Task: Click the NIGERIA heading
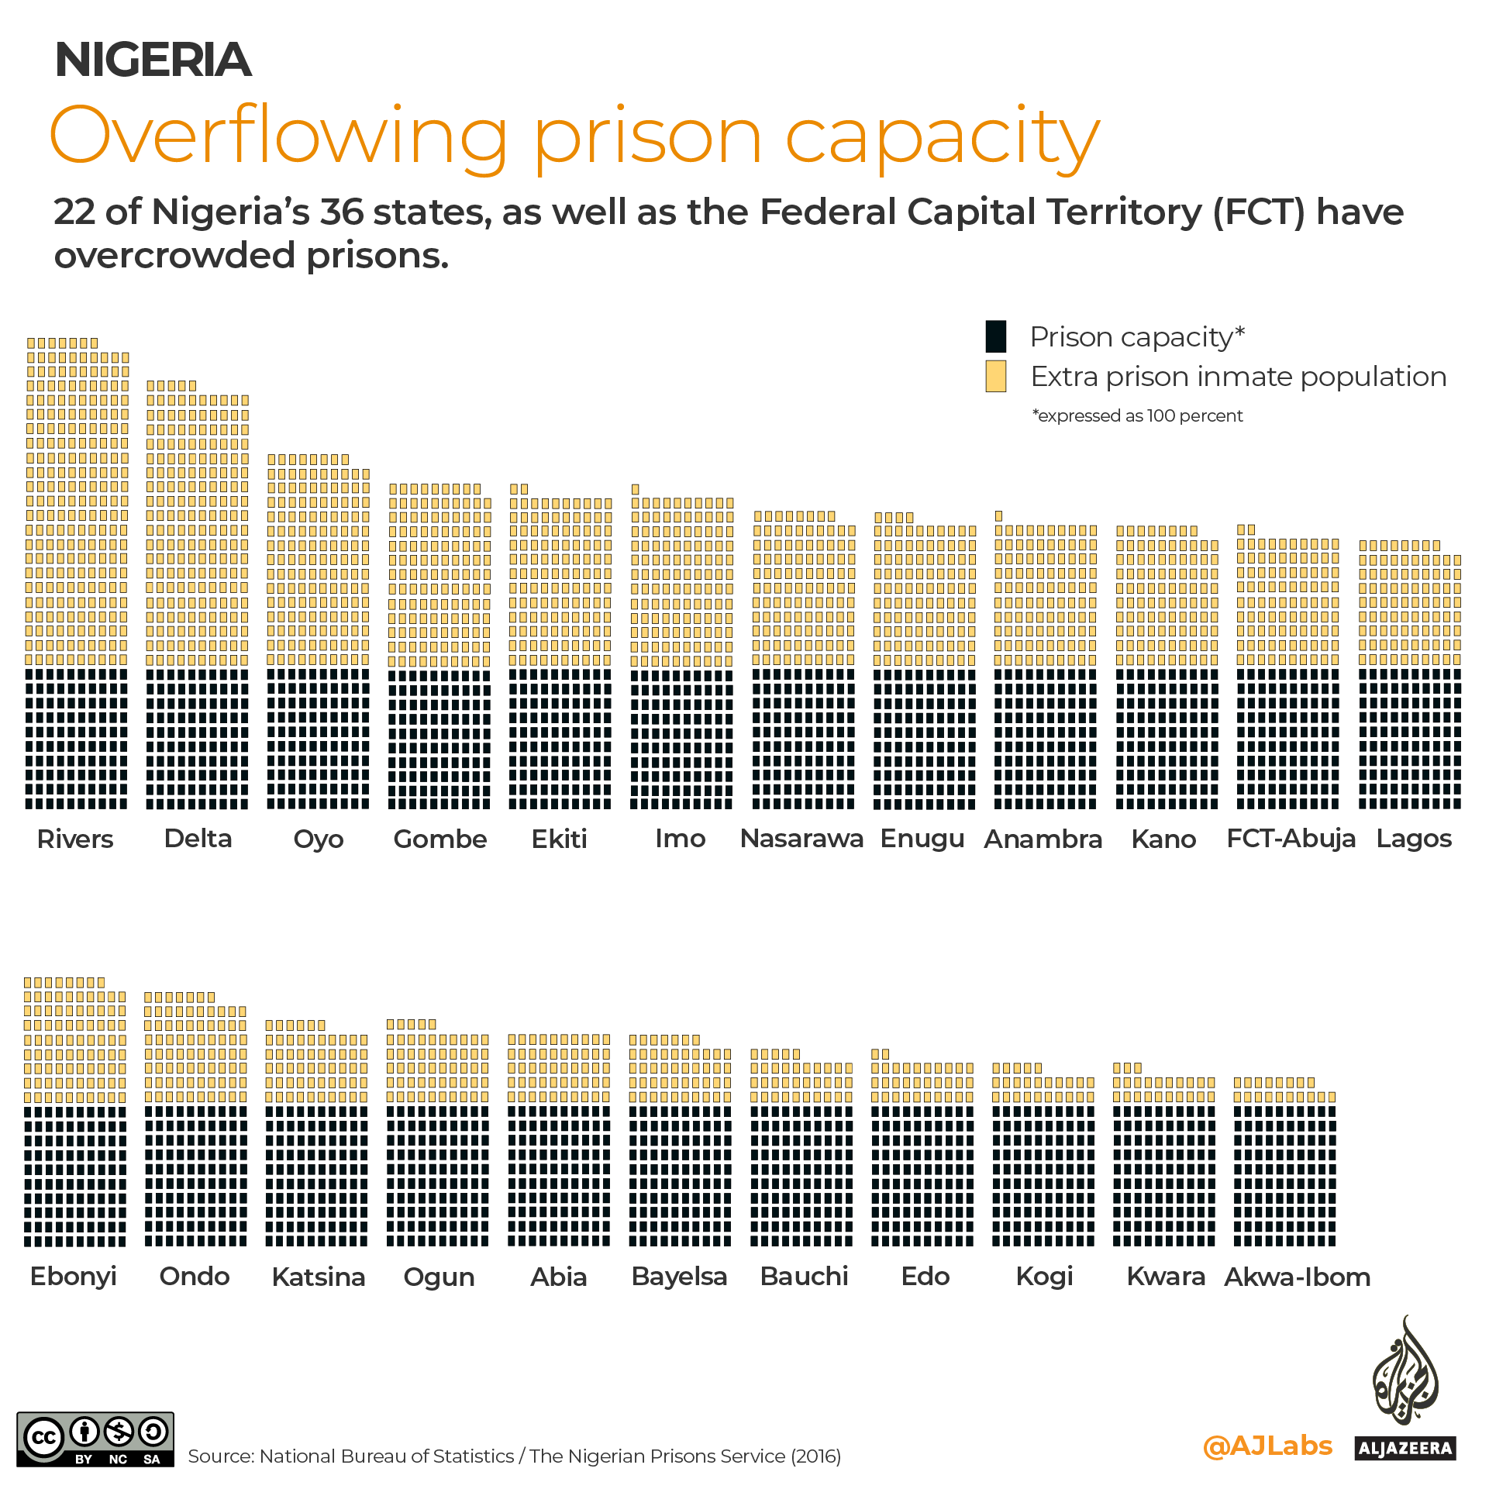tap(153, 60)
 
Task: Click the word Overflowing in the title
tap(279, 137)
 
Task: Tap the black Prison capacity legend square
tap(996, 336)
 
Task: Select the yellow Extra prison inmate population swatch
tap(996, 377)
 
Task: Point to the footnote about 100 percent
tap(1137, 416)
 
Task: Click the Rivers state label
tap(75, 839)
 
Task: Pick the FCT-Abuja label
tap(1291, 839)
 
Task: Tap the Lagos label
tap(1414, 839)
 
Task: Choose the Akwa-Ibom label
tap(1297, 1277)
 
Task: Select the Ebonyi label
tap(74, 1276)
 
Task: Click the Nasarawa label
tap(801, 839)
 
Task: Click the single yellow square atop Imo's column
tap(636, 489)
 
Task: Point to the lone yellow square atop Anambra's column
tap(999, 516)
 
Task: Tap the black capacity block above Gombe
tap(439, 739)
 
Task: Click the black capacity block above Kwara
tap(1164, 1175)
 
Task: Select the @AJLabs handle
tap(1267, 1446)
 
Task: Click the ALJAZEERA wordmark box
tap(1405, 1448)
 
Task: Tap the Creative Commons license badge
tap(95, 1439)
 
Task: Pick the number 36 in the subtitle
tap(341, 212)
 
